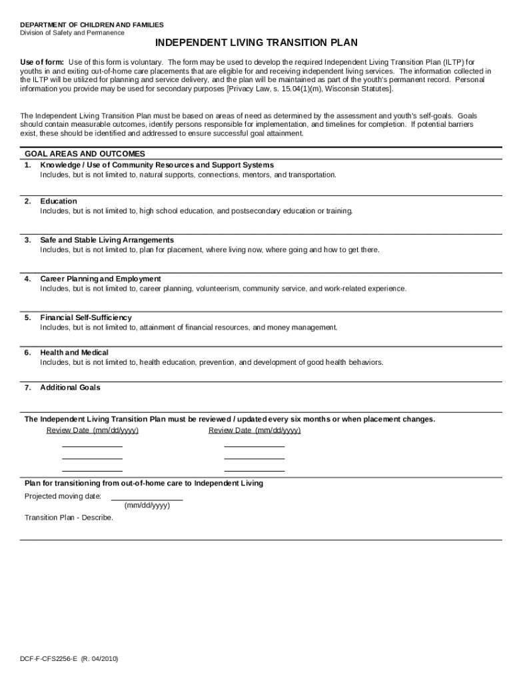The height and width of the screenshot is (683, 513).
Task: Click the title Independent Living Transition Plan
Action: coord(256,43)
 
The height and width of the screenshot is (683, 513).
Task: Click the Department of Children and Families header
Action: coord(91,25)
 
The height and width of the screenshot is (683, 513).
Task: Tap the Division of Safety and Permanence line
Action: coord(72,33)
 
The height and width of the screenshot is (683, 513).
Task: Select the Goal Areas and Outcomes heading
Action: coord(85,153)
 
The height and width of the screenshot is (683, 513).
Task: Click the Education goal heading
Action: coord(59,201)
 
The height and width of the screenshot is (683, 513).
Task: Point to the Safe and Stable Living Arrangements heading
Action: coord(107,239)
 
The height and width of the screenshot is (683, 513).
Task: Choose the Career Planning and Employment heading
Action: coord(100,278)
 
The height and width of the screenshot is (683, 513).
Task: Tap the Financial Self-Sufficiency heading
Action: coord(86,317)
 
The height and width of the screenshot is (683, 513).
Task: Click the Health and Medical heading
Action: coord(74,352)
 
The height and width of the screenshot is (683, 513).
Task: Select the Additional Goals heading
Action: coord(70,388)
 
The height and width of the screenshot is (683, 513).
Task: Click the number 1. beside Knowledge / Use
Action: coord(28,165)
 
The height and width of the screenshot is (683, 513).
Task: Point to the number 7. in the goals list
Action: coord(28,388)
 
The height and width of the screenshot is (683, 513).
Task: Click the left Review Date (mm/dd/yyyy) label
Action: coord(93,430)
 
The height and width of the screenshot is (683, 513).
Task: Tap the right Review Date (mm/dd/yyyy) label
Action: coord(255,430)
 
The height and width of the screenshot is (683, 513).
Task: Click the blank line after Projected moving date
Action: coord(147,498)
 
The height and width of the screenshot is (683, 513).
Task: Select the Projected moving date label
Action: coord(63,496)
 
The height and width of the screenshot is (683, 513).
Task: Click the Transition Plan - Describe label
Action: coord(69,518)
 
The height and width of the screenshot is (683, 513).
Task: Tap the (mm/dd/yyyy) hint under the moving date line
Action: coord(147,506)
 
